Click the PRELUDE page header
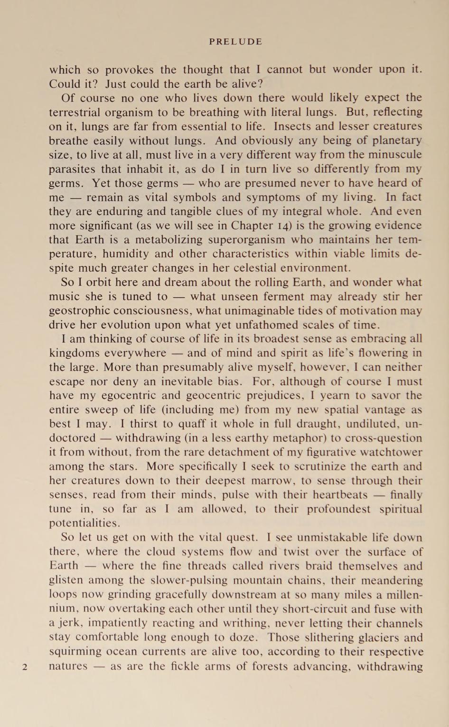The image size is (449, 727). (235, 42)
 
